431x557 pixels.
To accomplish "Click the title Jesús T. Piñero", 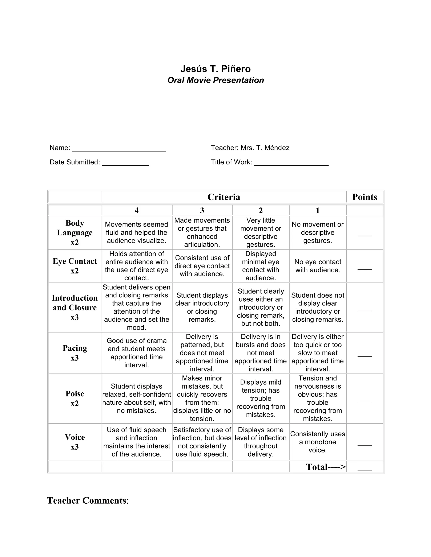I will tap(215, 69).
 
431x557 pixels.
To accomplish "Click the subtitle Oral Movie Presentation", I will tap(215, 80).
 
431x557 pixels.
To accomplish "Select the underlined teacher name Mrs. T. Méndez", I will tap(265, 148).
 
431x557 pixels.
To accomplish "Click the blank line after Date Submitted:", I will tap(125, 163).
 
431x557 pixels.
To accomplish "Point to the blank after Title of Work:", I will tap(291, 163).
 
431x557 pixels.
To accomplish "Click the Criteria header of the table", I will tap(224, 197).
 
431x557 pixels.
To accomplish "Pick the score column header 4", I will tap(137, 210).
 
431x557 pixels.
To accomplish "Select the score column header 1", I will tap(318, 210).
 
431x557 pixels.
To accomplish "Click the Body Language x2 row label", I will tap(74, 232).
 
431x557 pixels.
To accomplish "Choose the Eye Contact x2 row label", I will tap(74, 266).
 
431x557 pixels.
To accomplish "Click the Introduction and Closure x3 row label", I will tap(74, 307).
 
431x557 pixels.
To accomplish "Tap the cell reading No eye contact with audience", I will tap(318, 266).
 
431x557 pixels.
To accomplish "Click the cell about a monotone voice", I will tap(318, 442).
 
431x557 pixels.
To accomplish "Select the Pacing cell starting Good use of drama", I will tap(137, 353).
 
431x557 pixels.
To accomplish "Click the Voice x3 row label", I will tap(74, 442).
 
